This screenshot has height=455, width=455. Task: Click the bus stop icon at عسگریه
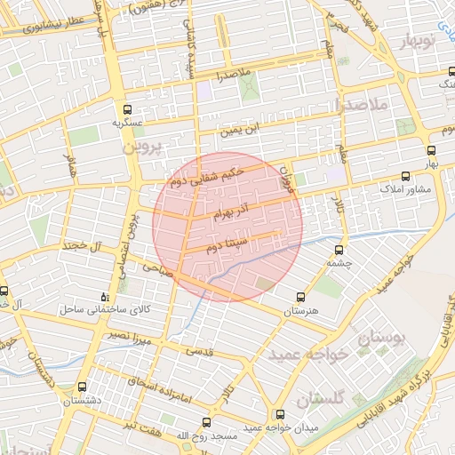126,112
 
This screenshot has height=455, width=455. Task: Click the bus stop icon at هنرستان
299,297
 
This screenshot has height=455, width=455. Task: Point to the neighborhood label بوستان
382,339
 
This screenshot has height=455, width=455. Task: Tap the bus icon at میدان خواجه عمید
281,414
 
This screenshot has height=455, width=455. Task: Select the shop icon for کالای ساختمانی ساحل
106,296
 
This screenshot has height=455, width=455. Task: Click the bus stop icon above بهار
431,150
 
